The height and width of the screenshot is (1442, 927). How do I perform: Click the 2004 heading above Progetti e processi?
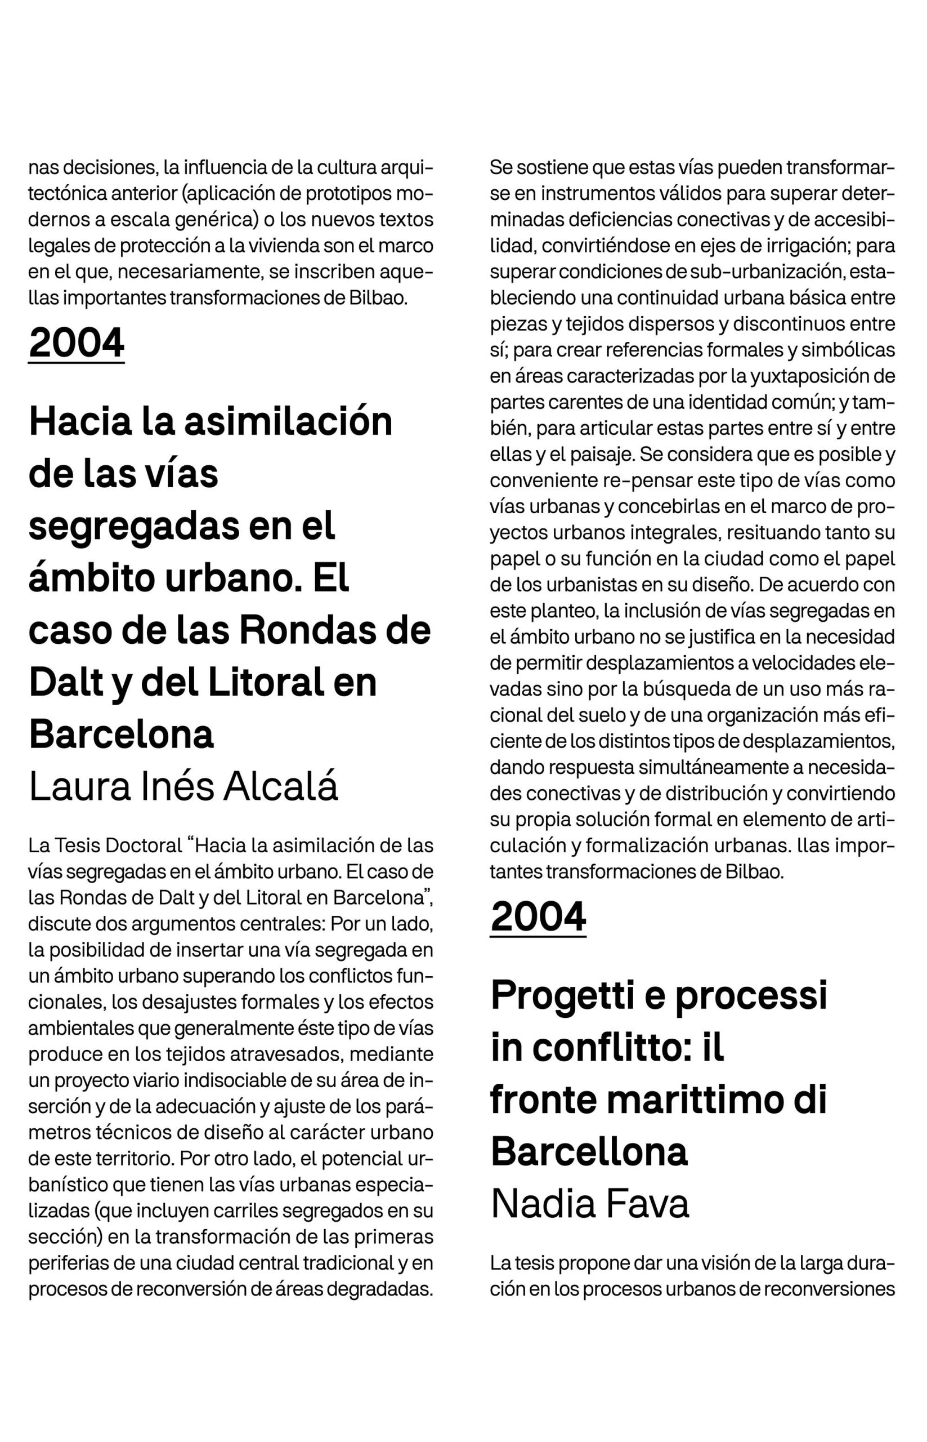(538, 916)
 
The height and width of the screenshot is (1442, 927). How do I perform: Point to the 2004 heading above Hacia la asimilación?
(77, 342)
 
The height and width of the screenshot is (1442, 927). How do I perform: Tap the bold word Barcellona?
(589, 1151)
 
